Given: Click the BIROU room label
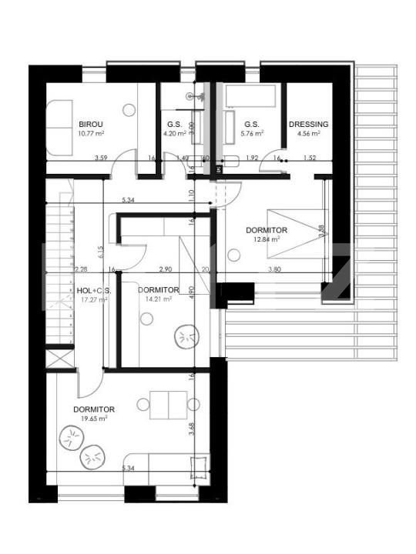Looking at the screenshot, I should point(91,124).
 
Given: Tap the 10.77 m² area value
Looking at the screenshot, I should point(91,133).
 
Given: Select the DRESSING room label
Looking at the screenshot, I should point(308,124).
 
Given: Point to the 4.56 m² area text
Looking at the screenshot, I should point(308,133).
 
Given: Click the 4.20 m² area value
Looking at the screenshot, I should point(174,133).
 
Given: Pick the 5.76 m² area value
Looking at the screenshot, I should point(252,133).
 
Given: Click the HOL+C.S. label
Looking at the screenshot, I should point(95,290).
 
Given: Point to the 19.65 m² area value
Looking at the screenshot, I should point(94,419).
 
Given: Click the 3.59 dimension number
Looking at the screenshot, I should point(100,159).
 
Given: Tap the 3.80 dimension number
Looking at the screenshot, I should point(274,269).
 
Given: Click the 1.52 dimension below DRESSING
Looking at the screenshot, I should point(309,159).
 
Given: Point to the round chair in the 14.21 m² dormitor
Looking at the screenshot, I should point(185,337).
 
